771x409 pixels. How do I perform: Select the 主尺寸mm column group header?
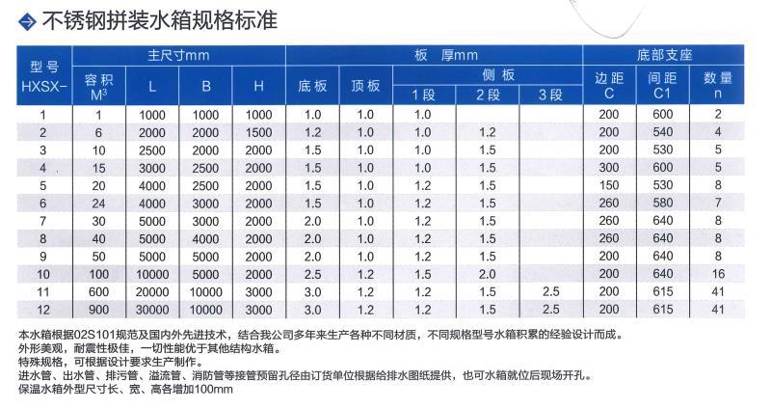[178, 55]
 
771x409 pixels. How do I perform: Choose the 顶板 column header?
[366, 85]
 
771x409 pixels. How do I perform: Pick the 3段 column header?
[550, 95]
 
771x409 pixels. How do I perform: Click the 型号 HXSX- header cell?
[43, 75]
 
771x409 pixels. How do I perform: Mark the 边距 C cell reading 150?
[608, 185]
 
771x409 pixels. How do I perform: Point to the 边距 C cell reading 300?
[608, 167]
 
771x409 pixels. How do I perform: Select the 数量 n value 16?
[717, 273]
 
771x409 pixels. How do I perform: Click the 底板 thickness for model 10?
[311, 273]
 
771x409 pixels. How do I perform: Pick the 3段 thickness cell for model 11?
[550, 291]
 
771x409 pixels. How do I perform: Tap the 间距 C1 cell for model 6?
[662, 203]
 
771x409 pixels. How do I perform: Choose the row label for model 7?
[43, 220]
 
